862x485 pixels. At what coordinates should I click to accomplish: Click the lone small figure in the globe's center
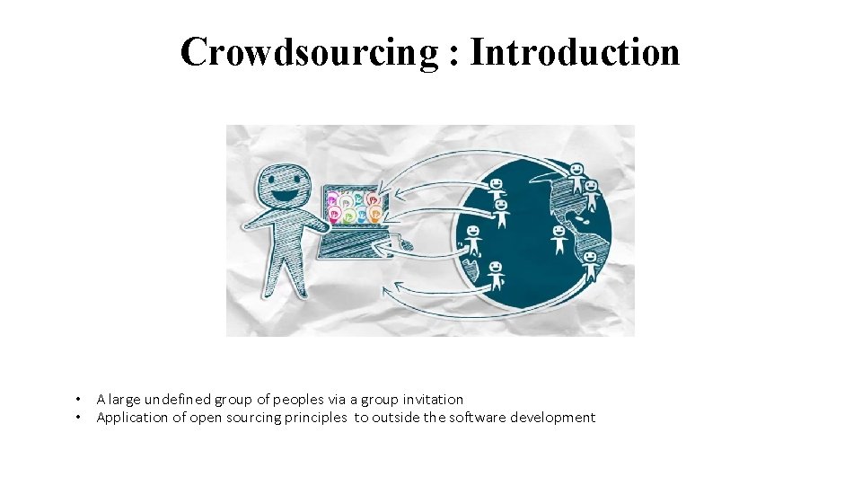(559, 238)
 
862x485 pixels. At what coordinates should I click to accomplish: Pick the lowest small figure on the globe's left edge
(495, 275)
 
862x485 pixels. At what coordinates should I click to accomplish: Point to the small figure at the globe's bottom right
(590, 266)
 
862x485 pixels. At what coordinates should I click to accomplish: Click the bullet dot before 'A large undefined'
(79, 399)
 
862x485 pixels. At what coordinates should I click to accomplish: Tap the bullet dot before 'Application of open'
(79, 418)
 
